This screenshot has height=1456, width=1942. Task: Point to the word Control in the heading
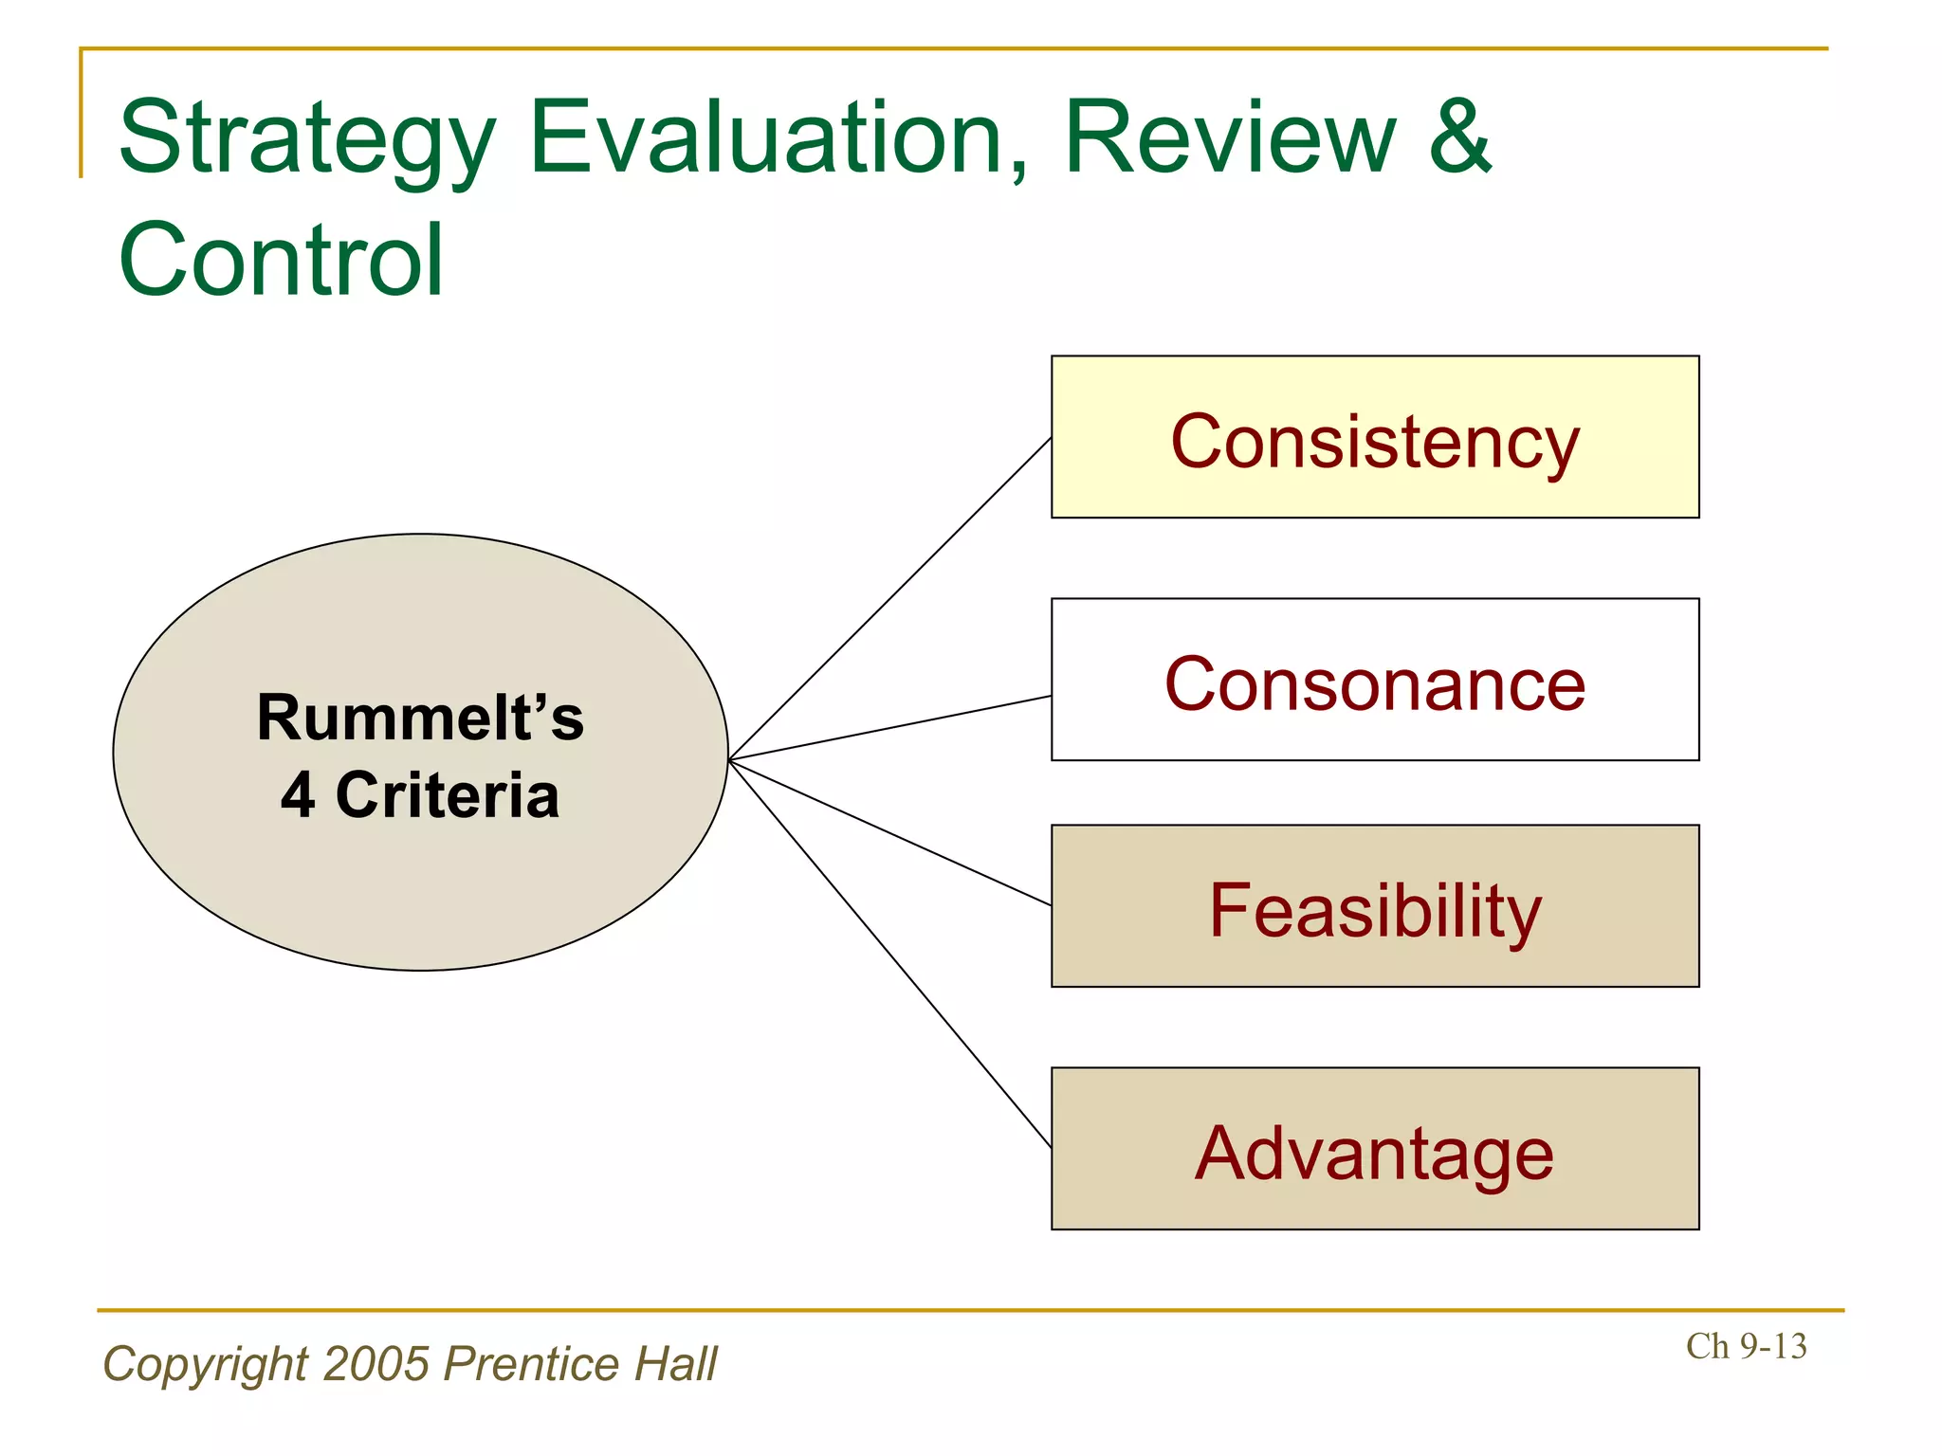pyautogui.click(x=281, y=260)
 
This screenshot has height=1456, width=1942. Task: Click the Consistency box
pyautogui.click(x=1374, y=437)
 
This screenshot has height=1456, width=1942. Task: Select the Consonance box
pyautogui.click(x=1374, y=680)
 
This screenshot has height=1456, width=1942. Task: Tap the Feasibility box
pyautogui.click(x=1374, y=906)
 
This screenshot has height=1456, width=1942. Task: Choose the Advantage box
pyautogui.click(x=1374, y=1149)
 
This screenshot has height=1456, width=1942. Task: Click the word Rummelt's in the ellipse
pyautogui.click(x=420, y=718)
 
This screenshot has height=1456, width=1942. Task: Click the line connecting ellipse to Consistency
pyautogui.click(x=889, y=598)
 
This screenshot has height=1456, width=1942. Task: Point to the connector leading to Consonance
pyautogui.click(x=889, y=728)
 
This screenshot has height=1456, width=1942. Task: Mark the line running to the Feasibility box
pyautogui.click(x=889, y=831)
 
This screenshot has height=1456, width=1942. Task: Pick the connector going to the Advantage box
pyautogui.click(x=889, y=953)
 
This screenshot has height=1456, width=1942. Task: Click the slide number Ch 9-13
pyautogui.click(x=1746, y=1346)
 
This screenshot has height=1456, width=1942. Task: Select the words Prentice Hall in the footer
pyautogui.click(x=580, y=1364)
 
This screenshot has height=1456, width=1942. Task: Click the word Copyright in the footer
pyautogui.click(x=204, y=1364)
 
